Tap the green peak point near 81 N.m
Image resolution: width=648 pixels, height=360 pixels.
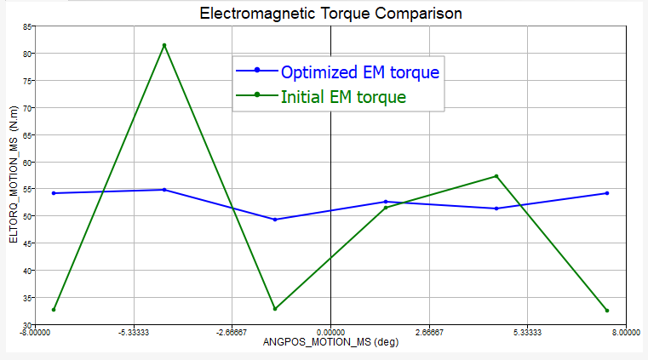[x=164, y=45]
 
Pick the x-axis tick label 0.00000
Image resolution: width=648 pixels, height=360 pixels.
[x=330, y=333]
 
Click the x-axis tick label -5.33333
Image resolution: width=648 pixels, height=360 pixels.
[x=133, y=333]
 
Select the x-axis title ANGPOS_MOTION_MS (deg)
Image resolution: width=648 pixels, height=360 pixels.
[x=330, y=344]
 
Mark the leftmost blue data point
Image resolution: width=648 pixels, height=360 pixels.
[x=54, y=193]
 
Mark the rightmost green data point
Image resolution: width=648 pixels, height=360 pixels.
[x=607, y=311]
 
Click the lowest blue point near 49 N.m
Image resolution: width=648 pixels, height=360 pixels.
[x=275, y=220]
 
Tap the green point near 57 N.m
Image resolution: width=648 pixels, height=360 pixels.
[x=496, y=176]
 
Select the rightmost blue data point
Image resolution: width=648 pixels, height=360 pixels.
[x=607, y=193]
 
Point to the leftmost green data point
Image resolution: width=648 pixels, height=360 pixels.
[x=54, y=310]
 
